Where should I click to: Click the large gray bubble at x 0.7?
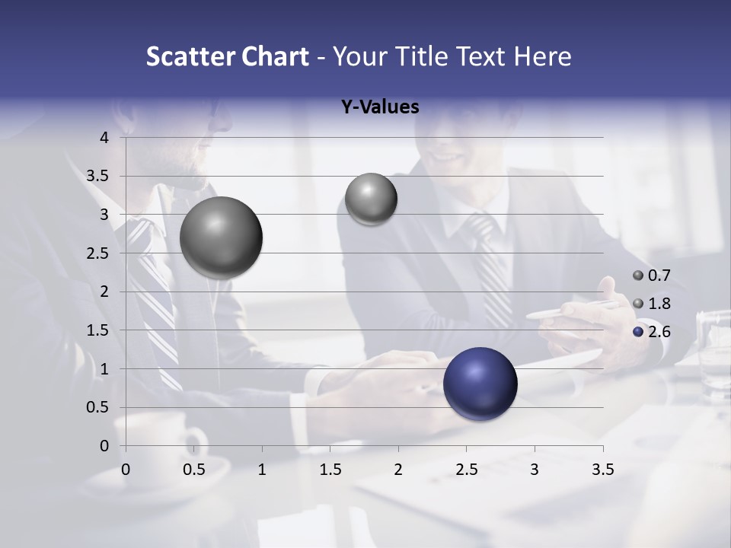coord(221,237)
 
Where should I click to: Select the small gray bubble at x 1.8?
coord(371,199)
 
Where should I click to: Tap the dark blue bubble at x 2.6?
coord(480,384)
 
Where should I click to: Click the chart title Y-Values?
coord(379,107)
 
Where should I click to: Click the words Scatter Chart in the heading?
coord(227,56)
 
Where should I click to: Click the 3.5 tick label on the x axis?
coord(602,470)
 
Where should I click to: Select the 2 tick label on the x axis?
coord(398,470)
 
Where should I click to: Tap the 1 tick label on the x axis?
coord(262,470)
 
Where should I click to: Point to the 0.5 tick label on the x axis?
coord(194,470)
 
